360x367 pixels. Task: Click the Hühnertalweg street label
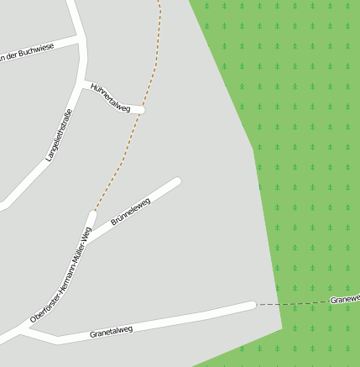(111, 97)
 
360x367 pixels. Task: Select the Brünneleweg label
(130, 212)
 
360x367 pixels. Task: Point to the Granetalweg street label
(111, 332)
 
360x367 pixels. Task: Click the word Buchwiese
(36, 50)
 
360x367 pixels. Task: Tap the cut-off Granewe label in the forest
(345, 299)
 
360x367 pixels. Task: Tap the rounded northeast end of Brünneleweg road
(177, 181)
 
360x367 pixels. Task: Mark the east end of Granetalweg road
(251, 305)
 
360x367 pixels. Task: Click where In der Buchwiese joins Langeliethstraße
(81, 39)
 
